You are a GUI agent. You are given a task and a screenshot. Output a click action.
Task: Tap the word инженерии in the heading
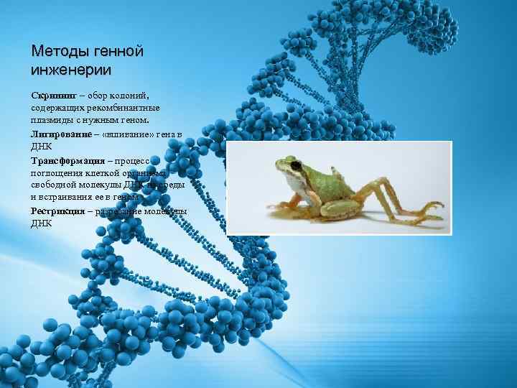click(x=71, y=70)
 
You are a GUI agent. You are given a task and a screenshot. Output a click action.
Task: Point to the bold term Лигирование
click(x=61, y=134)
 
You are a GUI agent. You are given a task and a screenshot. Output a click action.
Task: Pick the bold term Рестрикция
click(x=59, y=211)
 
